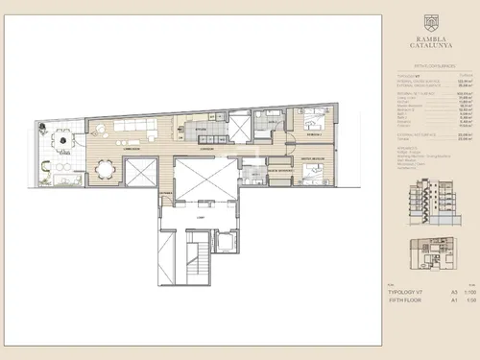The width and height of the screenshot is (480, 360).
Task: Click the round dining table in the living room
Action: tap(105, 168)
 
